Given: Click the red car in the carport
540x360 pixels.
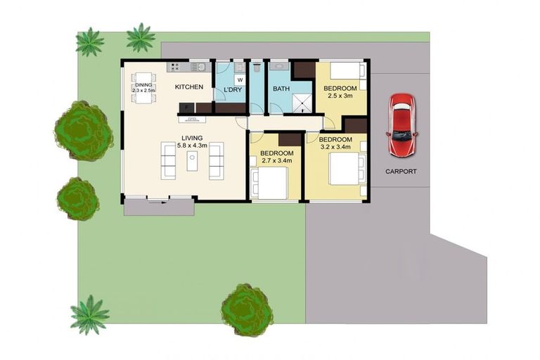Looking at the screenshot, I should click(x=402, y=124).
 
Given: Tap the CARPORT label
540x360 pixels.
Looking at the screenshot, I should click(x=401, y=172).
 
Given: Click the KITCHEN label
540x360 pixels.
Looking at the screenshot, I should click(x=188, y=87).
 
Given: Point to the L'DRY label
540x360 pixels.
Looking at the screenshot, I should click(x=233, y=90).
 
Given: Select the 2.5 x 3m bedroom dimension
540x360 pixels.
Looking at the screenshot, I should click(x=340, y=96).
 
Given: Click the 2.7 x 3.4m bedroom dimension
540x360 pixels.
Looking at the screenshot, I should click(x=277, y=161).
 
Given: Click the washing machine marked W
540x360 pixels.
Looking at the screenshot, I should click(x=239, y=80).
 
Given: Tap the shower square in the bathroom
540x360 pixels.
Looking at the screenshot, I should click(x=302, y=103).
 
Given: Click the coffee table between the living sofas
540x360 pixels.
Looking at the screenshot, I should click(x=192, y=161).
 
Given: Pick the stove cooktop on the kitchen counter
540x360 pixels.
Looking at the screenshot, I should click(x=174, y=67).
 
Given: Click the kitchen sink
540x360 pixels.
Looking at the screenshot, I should click(x=198, y=67).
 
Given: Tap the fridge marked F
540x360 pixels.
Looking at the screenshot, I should click(x=186, y=108).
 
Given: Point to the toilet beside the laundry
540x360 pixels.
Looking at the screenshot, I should click(x=256, y=69).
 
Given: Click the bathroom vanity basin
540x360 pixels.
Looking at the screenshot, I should click(x=280, y=67).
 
